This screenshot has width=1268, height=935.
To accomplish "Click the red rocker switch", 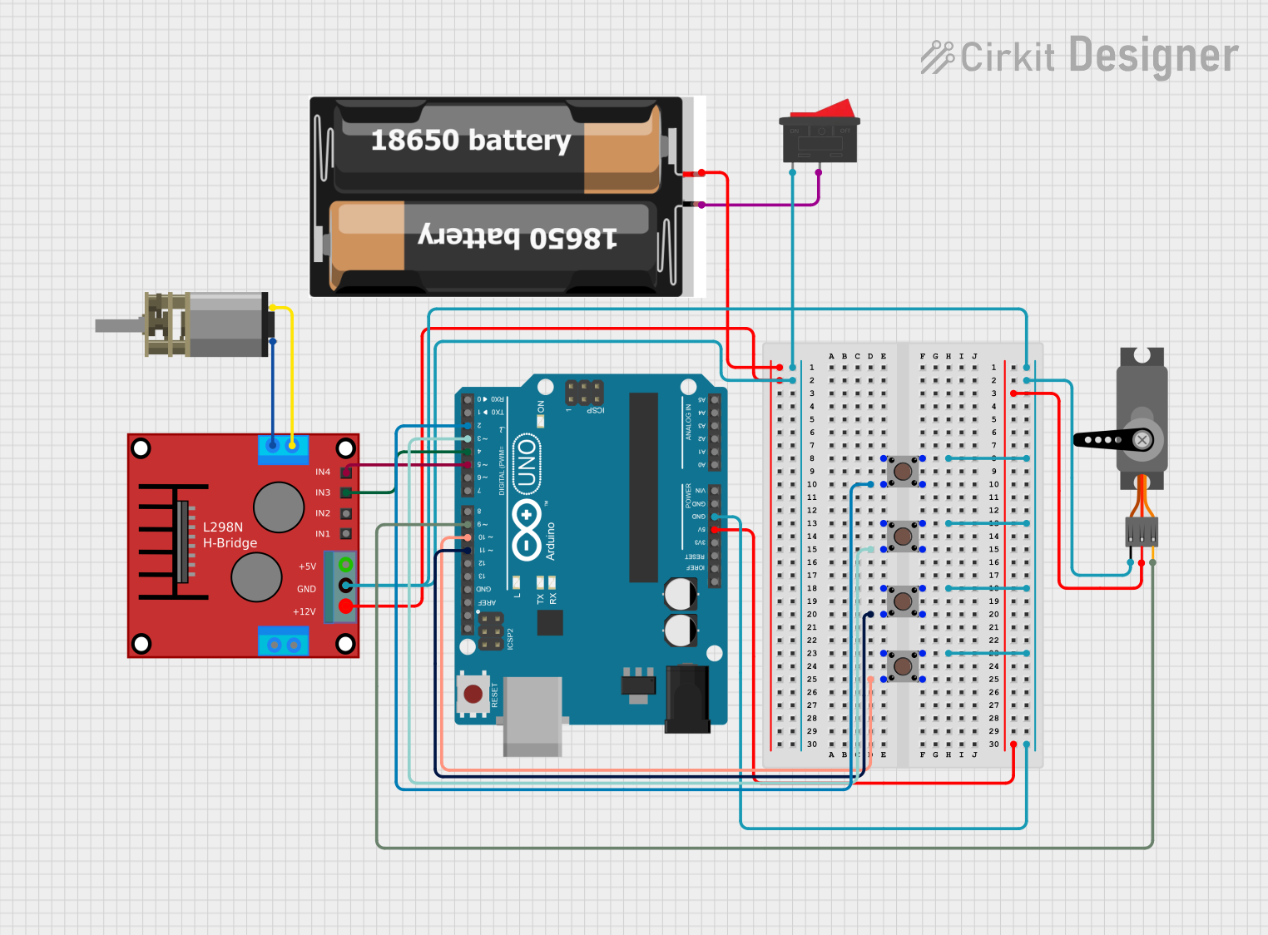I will [x=820, y=133].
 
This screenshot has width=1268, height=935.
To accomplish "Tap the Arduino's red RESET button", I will [x=473, y=694].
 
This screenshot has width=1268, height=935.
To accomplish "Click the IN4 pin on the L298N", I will [x=346, y=472].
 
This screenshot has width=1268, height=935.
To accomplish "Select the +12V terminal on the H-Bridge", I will [x=346, y=606].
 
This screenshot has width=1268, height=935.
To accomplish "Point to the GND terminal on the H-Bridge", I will [x=346, y=586].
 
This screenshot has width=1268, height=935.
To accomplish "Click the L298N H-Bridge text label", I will [x=230, y=535].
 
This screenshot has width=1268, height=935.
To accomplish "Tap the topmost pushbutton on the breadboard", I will [x=903, y=471].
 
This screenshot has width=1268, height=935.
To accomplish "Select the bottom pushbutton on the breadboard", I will [x=903, y=665].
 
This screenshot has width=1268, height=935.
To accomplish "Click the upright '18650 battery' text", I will [x=470, y=140].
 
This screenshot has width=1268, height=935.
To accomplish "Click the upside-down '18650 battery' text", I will [x=517, y=237].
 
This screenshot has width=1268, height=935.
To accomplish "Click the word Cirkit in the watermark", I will [x=1007, y=57].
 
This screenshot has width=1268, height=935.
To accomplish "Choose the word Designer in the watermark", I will [x=1153, y=56].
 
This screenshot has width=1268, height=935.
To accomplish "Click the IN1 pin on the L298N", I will [x=346, y=534].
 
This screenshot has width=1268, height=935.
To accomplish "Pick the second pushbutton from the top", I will [x=903, y=536].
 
